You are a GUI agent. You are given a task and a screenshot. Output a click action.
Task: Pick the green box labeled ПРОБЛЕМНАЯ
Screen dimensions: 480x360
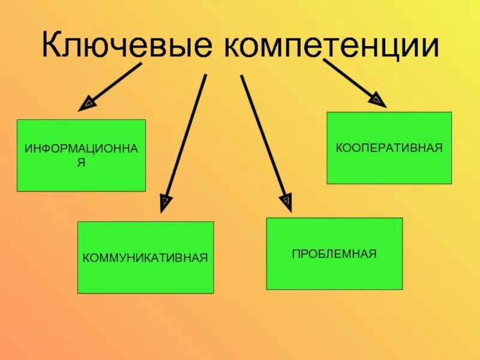(x=334, y=270)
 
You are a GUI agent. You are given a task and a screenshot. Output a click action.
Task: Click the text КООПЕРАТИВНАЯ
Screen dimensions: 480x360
(x=389, y=147)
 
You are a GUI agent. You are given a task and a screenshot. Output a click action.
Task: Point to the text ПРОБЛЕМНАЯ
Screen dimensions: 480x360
(x=334, y=254)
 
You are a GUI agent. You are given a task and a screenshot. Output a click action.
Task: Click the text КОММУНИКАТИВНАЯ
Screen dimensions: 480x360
(x=145, y=258)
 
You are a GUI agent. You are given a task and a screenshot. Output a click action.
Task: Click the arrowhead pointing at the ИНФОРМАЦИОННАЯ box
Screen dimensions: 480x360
(x=87, y=104)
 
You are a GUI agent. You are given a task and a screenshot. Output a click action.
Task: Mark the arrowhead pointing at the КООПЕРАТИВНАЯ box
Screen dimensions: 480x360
(x=377, y=100)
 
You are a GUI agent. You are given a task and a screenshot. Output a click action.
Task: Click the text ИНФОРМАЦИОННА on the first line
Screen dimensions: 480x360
(x=81, y=148)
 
